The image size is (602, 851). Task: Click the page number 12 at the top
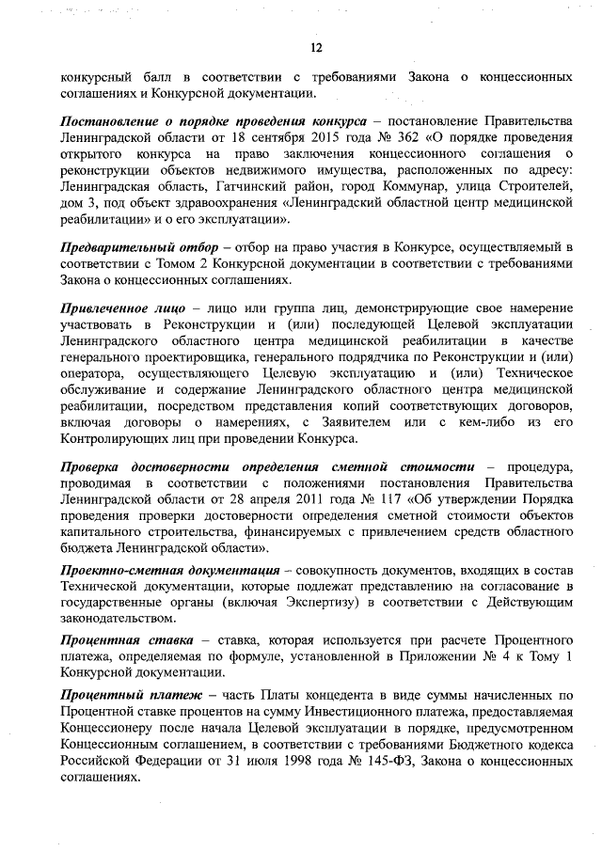coord(317,49)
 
